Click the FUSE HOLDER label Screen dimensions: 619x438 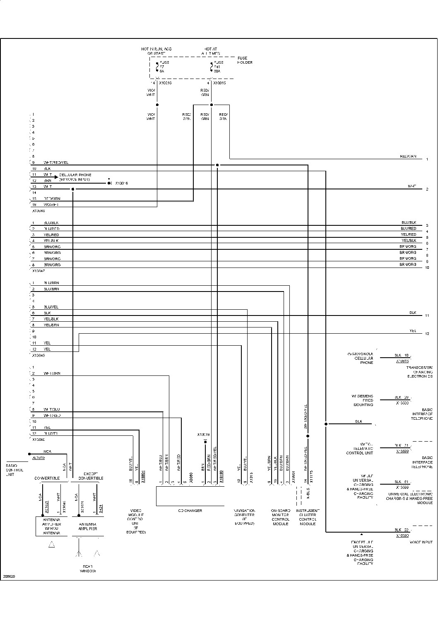pos(245,60)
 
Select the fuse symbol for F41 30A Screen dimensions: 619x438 pos(212,67)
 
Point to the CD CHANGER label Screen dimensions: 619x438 pos(190,511)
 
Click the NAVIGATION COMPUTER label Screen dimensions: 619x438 pos(244,517)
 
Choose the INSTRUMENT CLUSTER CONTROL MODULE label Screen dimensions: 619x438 pos(308,517)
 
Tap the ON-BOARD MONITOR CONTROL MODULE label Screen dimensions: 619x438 pos(280,517)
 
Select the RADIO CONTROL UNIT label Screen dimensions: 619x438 pos(14,470)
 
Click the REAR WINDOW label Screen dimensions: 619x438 pos(88,569)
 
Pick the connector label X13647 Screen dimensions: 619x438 pos(39,271)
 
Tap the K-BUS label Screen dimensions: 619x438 pos(308,495)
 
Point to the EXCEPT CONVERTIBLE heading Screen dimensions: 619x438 pos(91,476)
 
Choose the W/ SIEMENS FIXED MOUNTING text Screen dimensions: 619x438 pos(362,400)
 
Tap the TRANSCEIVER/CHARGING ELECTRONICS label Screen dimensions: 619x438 pos(419,372)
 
